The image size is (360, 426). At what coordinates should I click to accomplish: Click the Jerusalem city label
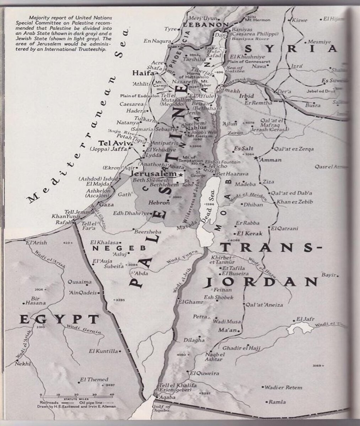pyautogui.click(x=154, y=174)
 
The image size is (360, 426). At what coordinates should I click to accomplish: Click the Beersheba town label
pyautogui.click(x=147, y=232)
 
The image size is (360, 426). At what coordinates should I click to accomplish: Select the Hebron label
pyautogui.click(x=159, y=203)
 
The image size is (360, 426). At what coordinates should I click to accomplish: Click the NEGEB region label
pyautogui.click(x=114, y=248)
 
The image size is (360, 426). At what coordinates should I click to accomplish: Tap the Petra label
pyautogui.click(x=199, y=316)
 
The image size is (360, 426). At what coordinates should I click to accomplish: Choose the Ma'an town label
pyautogui.click(x=228, y=331)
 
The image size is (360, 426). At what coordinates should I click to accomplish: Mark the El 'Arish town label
pyautogui.click(x=36, y=243)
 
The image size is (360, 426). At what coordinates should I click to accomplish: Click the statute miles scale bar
pyautogui.click(x=77, y=395)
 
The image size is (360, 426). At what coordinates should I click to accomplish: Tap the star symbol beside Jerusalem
pyautogui.click(x=181, y=175)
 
